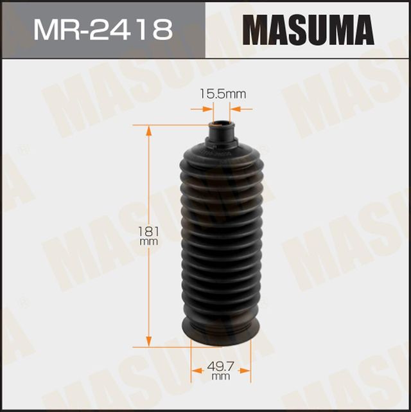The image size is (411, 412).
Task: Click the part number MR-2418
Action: point(103,30)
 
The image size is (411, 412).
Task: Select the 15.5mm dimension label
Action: point(221,94)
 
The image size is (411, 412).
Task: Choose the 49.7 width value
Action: point(220,367)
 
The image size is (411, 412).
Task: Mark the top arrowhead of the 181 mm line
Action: point(150,129)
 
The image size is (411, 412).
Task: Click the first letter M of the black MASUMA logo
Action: point(257,30)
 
